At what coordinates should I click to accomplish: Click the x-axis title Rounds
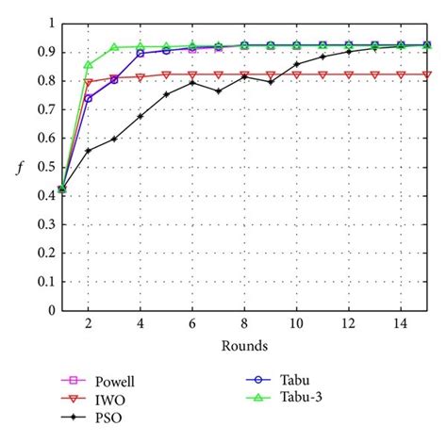tap(245, 345)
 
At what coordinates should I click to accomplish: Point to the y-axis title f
tap(19, 170)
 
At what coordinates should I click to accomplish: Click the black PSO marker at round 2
tap(88, 151)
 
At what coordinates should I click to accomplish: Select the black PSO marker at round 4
tap(141, 116)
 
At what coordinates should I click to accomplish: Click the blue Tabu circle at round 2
tap(88, 98)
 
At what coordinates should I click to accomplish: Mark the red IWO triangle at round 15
tap(427, 74)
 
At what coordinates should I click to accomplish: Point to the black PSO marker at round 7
tap(219, 91)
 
